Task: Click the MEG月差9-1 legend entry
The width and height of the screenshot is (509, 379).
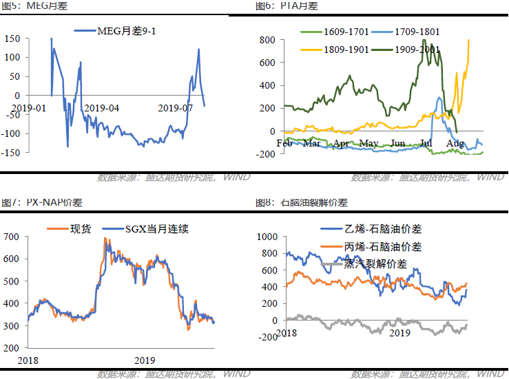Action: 124,31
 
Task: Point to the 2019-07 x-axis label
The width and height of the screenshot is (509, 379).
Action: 176,108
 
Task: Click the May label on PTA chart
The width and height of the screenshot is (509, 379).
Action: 369,143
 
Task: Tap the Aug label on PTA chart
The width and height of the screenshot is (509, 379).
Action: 455,143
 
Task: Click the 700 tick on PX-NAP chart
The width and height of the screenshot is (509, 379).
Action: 12,237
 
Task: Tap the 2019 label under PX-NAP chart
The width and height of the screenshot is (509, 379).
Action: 145,360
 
